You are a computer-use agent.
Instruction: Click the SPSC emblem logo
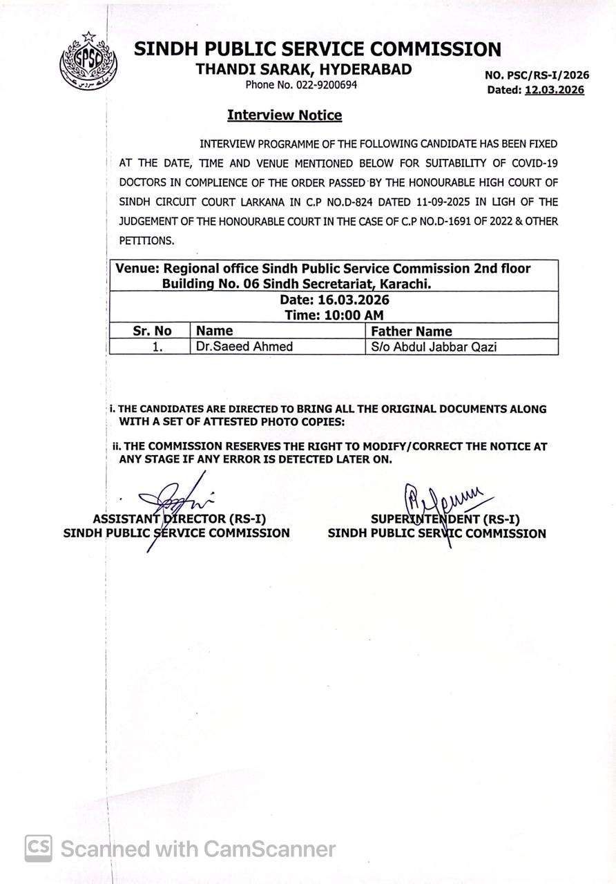88,63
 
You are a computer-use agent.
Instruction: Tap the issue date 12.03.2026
554,90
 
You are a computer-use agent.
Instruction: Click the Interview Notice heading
285,115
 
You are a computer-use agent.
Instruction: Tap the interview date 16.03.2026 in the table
354,300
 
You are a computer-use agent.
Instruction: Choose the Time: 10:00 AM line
334,315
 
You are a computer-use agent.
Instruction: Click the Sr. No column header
152,331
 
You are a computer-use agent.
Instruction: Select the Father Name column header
412,331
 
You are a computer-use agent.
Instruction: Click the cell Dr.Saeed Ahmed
244,347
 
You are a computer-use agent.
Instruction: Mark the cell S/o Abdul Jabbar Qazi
434,347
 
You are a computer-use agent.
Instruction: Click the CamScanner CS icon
39,848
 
